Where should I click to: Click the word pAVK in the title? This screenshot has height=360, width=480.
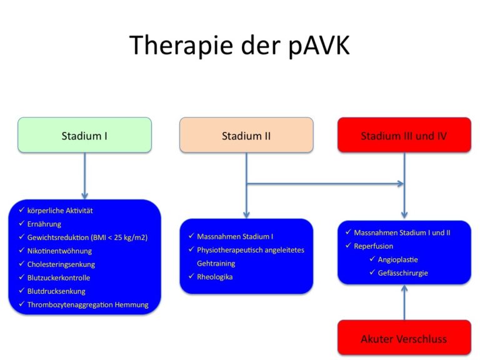[x=319, y=46]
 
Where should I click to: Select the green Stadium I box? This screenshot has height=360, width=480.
[x=85, y=135]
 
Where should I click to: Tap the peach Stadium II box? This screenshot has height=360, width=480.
[x=246, y=135]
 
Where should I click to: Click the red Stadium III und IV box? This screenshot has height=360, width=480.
[x=404, y=135]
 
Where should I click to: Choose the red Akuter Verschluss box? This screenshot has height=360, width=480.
[x=404, y=337]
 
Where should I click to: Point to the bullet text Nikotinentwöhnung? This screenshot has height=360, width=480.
[x=59, y=251]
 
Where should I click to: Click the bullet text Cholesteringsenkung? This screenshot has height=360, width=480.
[x=61, y=264]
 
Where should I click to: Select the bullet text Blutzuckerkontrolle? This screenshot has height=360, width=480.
[x=59, y=277]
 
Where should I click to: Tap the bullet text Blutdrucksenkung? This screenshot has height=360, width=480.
[x=56, y=291]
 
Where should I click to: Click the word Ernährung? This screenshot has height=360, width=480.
[x=44, y=224]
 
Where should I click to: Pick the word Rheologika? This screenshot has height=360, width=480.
[x=214, y=277]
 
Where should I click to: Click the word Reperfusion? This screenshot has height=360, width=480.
[x=373, y=246]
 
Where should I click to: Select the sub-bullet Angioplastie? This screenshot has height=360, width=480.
[x=397, y=259]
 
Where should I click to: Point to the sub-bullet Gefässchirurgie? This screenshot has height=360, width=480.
[x=402, y=273]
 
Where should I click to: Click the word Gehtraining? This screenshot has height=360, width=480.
[x=216, y=264]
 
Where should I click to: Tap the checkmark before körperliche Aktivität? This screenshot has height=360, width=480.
[x=21, y=210]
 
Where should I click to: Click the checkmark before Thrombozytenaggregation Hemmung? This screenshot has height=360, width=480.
[x=21, y=304]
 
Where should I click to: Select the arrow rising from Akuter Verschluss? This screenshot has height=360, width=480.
[x=404, y=302]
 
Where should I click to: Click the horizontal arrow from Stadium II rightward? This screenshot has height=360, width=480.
[x=325, y=184]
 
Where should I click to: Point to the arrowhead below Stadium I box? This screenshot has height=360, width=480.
[x=85, y=196]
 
